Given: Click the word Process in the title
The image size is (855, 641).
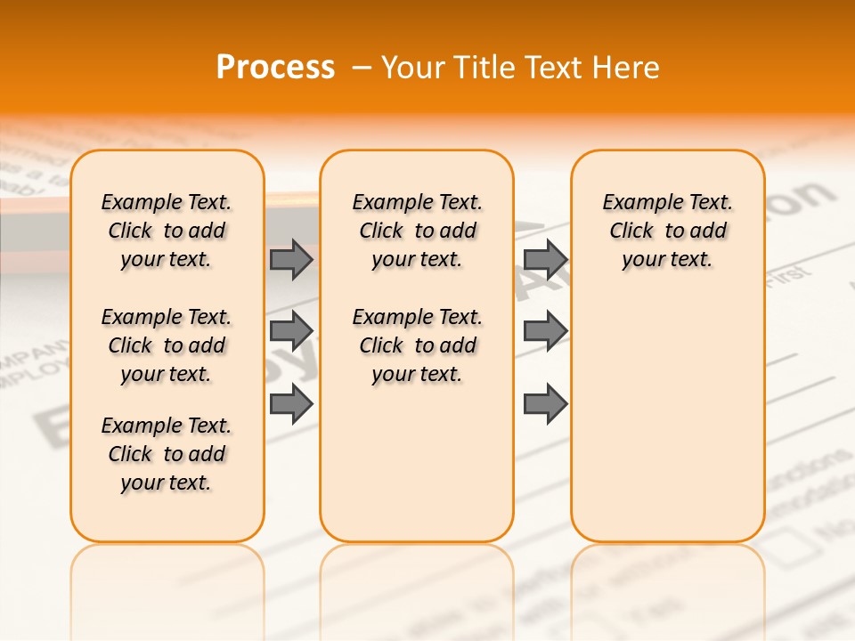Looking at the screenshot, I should tap(275, 67).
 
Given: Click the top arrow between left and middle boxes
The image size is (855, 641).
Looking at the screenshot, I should tap(291, 259).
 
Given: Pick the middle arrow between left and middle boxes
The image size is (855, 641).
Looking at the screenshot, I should tap(291, 331).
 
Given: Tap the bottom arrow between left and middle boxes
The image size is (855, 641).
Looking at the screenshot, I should tap(291, 403).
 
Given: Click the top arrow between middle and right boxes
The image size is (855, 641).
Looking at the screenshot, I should tap(545, 259).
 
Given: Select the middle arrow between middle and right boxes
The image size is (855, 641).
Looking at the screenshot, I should tap(545, 331).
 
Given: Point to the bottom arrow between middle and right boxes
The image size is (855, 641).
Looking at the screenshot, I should tap(545, 403).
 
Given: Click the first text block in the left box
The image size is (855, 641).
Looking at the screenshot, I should tap(167, 231).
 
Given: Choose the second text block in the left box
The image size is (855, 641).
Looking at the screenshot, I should tap(167, 345).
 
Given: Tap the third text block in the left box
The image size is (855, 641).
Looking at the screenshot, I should tap(167, 454).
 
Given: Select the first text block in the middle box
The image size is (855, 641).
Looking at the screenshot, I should tap(417, 231).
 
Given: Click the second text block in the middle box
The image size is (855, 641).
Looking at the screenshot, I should tap(417, 345).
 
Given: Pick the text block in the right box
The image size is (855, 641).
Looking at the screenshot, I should tap(668, 231).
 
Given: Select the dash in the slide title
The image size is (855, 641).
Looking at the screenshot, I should tap(362, 68).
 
